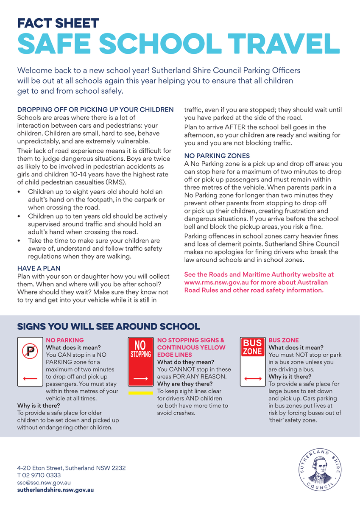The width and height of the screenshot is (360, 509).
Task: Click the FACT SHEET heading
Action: (58, 23)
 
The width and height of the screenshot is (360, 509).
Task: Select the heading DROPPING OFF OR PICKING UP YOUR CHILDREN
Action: (95, 110)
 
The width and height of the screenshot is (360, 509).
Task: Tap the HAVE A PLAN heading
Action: (39, 268)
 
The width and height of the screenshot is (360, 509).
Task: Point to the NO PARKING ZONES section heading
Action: (217, 156)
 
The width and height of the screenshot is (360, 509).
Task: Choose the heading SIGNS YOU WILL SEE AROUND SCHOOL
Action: (108, 327)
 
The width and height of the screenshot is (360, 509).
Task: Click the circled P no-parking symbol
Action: (31, 351)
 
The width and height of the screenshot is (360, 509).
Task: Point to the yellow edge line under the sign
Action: (140, 393)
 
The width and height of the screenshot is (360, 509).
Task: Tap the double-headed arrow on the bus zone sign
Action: (253, 377)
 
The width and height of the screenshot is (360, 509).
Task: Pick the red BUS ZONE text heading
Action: (284, 340)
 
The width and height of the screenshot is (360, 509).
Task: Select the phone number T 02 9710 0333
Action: (39, 475)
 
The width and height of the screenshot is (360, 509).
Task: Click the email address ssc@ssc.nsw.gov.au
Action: (44, 483)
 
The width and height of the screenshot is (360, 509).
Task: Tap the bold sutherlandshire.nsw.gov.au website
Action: (56, 489)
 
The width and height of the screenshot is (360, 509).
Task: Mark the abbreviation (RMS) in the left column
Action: (117, 182)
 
